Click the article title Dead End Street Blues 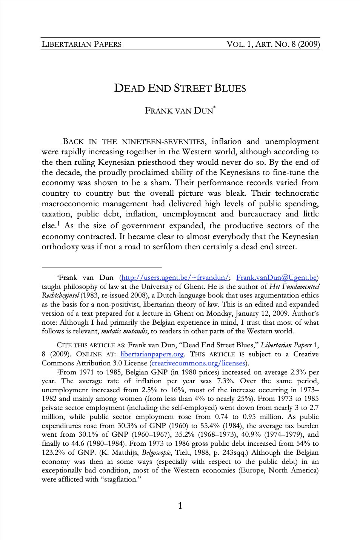(180, 89)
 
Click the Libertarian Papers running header (82, 44)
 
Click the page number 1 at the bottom (180, 506)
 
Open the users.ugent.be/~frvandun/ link (174, 278)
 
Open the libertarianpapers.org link (152, 354)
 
